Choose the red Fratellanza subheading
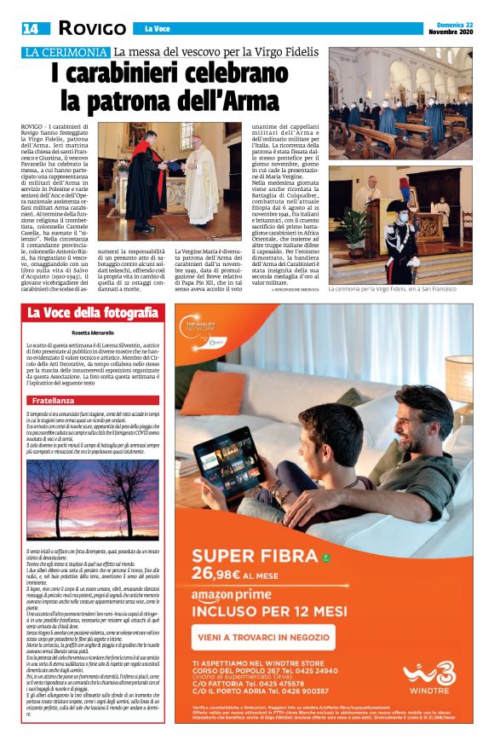pyautogui.click(x=55, y=400)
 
